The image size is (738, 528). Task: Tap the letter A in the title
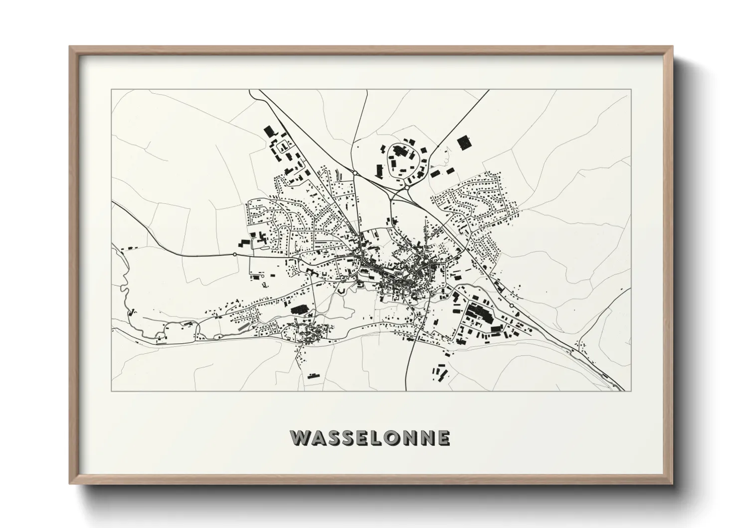point(319,438)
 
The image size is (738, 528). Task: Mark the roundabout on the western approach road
point(234,255)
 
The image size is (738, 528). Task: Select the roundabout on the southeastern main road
point(511,305)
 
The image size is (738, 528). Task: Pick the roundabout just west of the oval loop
point(354,173)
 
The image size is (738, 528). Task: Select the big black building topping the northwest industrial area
point(269,131)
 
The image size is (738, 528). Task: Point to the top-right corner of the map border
point(630,89)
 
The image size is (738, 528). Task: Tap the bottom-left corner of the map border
point(111,391)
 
